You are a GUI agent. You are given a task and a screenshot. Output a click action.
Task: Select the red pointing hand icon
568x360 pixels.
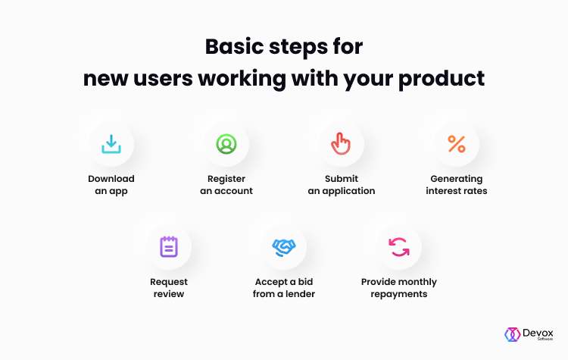point(341,149)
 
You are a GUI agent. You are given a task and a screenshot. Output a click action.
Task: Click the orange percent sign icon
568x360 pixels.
point(457,144)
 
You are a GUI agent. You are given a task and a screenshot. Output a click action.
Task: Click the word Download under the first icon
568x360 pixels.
point(111,179)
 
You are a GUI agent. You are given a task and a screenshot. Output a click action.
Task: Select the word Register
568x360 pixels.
point(226,179)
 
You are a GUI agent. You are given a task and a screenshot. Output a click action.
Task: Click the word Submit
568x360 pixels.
point(342,179)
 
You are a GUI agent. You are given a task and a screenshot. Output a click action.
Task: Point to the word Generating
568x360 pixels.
point(457,179)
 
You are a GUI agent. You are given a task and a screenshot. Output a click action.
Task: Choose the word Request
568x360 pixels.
point(169,282)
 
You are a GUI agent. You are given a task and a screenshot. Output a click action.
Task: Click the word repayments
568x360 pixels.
point(399,294)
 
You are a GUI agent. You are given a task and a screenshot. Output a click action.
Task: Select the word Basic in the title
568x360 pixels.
point(234,47)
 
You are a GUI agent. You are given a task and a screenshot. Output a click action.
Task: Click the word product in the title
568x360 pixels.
point(442,79)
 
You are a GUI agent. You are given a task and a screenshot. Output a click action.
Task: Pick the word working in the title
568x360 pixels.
point(242,79)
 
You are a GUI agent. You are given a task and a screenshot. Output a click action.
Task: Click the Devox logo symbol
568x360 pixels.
point(512,334)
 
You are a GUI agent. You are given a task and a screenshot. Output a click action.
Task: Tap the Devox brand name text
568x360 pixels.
point(538,333)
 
